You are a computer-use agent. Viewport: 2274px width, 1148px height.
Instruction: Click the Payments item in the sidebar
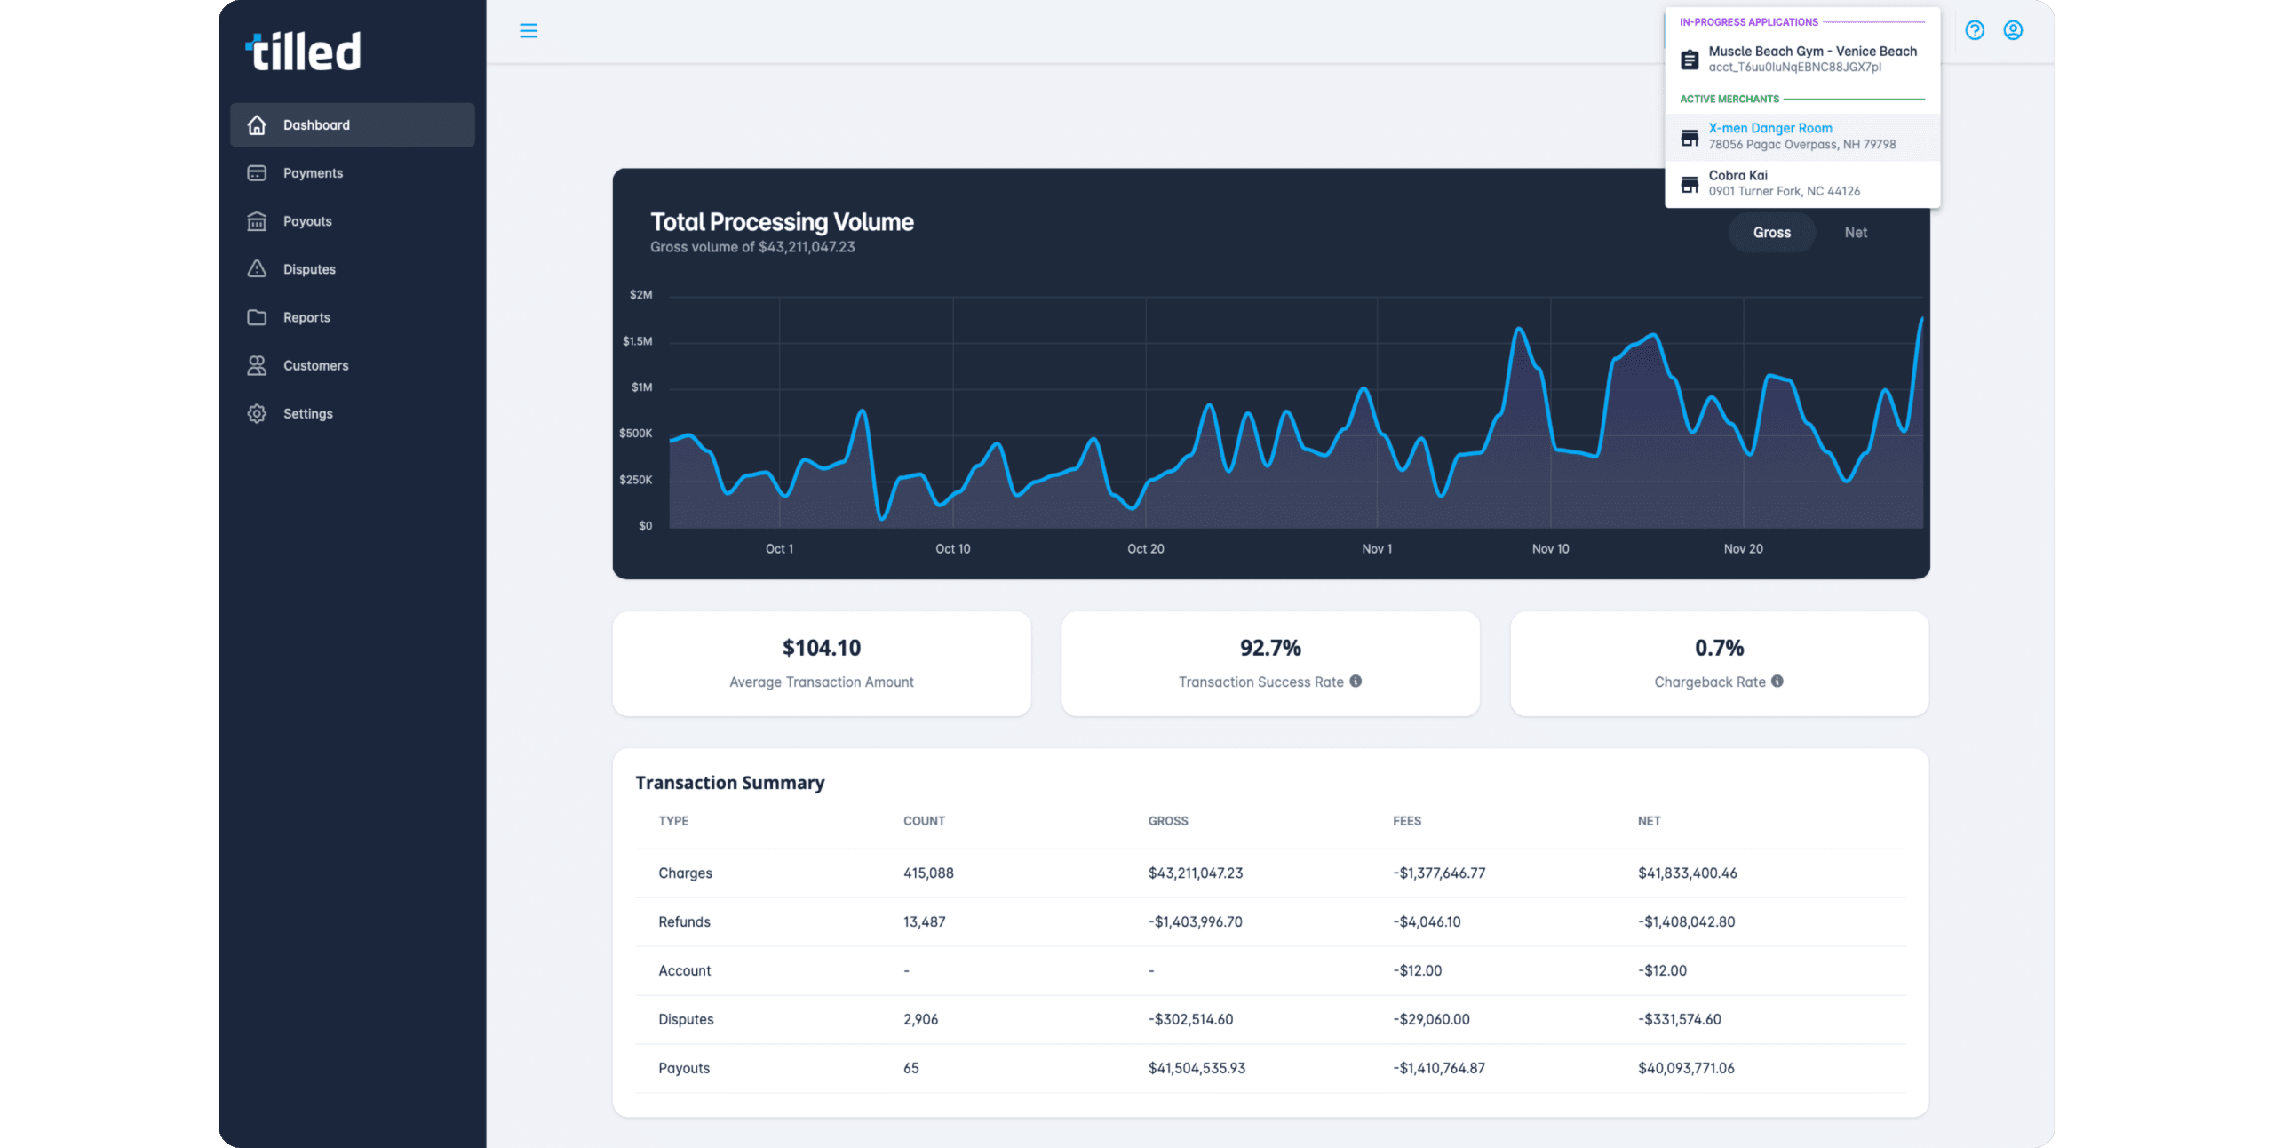tap(312, 173)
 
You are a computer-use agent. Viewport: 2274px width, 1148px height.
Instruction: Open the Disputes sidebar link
tap(308, 269)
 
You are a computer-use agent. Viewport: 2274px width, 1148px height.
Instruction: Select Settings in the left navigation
tap(307, 414)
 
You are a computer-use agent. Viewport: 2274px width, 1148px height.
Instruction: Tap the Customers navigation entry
tap(315, 366)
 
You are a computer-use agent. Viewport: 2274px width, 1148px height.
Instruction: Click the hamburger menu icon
tap(529, 31)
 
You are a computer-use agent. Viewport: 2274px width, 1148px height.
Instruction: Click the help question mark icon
tap(1975, 31)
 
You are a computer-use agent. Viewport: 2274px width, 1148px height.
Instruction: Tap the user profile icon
tap(2013, 31)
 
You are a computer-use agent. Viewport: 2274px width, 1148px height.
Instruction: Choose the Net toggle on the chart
tap(1856, 233)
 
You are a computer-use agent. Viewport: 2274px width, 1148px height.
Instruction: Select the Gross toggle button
tap(1771, 233)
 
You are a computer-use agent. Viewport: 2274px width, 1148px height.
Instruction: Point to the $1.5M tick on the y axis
tap(637, 341)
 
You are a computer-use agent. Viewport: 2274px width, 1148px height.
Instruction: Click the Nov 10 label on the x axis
tap(1550, 549)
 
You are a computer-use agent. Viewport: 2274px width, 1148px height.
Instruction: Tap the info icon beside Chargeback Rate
tap(1777, 682)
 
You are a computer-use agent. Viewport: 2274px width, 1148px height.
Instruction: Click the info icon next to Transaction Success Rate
tap(1356, 682)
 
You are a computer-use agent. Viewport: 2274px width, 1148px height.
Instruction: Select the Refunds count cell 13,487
tap(924, 922)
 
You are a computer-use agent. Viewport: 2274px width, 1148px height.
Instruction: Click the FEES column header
tap(1407, 821)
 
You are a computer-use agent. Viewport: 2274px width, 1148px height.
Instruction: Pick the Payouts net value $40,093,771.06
tap(1686, 1068)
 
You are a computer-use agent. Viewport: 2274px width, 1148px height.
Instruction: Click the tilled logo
tap(304, 52)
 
